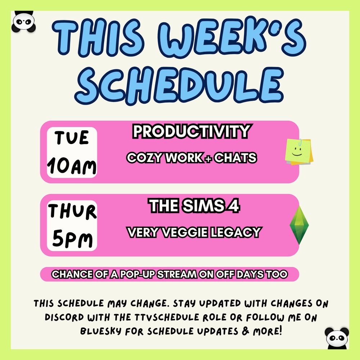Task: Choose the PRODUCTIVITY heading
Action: [x=191, y=132]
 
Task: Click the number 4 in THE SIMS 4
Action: [x=234, y=206]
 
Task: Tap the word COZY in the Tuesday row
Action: [x=141, y=158]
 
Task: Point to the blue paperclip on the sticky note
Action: [x=300, y=141]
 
